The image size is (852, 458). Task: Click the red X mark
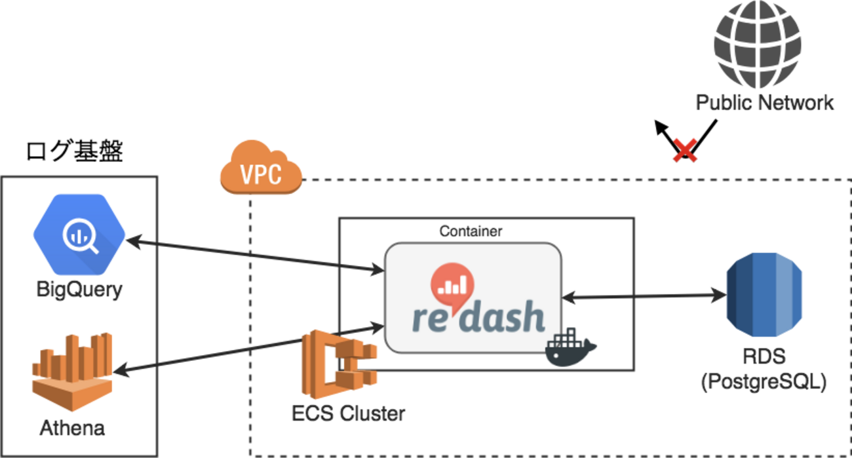685,151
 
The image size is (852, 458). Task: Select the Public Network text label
765,102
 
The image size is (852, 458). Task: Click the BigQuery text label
79,289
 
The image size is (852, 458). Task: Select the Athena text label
72,429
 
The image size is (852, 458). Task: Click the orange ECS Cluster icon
338,364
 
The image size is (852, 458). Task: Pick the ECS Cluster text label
348,413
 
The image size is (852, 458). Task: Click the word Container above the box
471,231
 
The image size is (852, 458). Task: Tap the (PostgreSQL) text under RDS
764,382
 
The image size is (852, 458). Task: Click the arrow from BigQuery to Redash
256,256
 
